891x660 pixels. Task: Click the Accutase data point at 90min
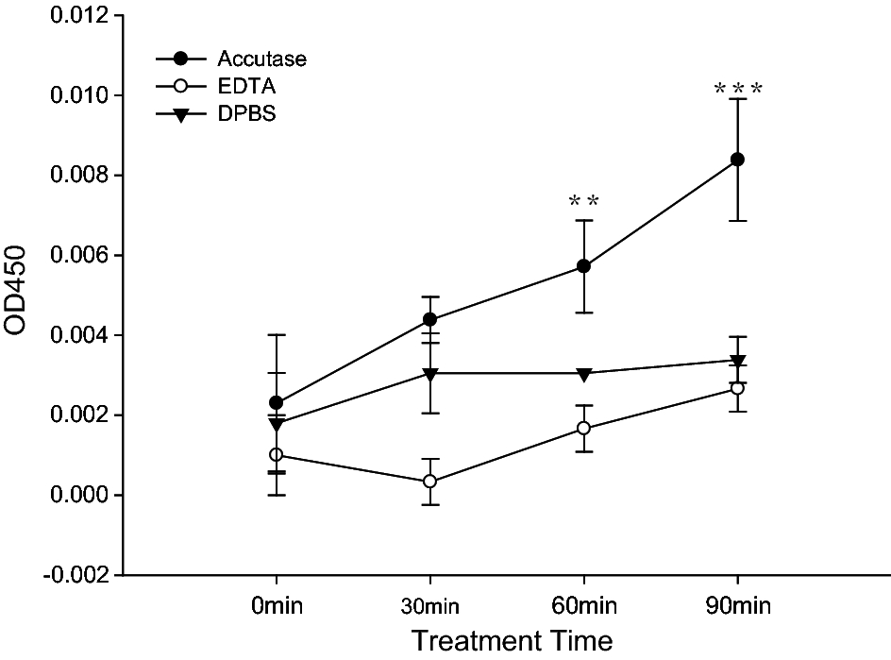[x=737, y=160]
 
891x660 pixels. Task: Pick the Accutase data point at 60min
[x=583, y=266]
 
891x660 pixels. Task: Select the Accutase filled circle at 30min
[x=430, y=319]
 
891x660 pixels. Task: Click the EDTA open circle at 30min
[x=430, y=482]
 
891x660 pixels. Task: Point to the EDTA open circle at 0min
[x=277, y=454]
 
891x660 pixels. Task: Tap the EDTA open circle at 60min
[x=583, y=428]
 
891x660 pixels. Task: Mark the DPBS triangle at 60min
[x=583, y=374]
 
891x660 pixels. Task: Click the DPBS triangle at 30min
[x=430, y=374]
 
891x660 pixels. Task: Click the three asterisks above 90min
[x=737, y=91]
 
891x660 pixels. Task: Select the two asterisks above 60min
[x=583, y=202]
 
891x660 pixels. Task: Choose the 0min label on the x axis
[x=277, y=604]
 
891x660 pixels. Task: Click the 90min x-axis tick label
[x=737, y=604]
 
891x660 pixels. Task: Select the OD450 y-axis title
[x=23, y=295]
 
